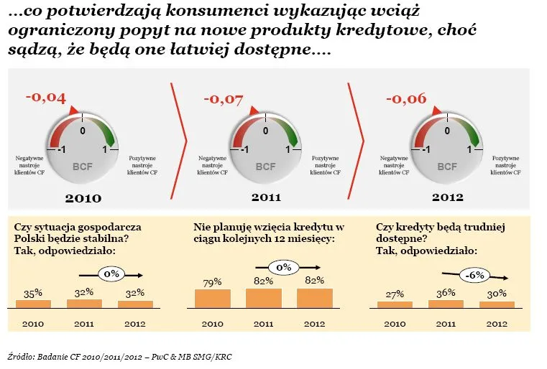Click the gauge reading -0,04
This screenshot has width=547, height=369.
[x=46, y=98]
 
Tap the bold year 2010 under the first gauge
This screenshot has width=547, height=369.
[x=83, y=197]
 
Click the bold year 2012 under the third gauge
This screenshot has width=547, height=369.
[x=446, y=196]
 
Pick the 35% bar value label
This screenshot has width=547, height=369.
[x=33, y=293]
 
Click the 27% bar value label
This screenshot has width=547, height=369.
[x=395, y=294]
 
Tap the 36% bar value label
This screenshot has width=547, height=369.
[x=446, y=292]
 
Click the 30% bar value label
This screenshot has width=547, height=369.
[x=497, y=294]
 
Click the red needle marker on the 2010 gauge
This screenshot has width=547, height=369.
[x=72, y=111]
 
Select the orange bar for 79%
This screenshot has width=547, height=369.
[x=213, y=299]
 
